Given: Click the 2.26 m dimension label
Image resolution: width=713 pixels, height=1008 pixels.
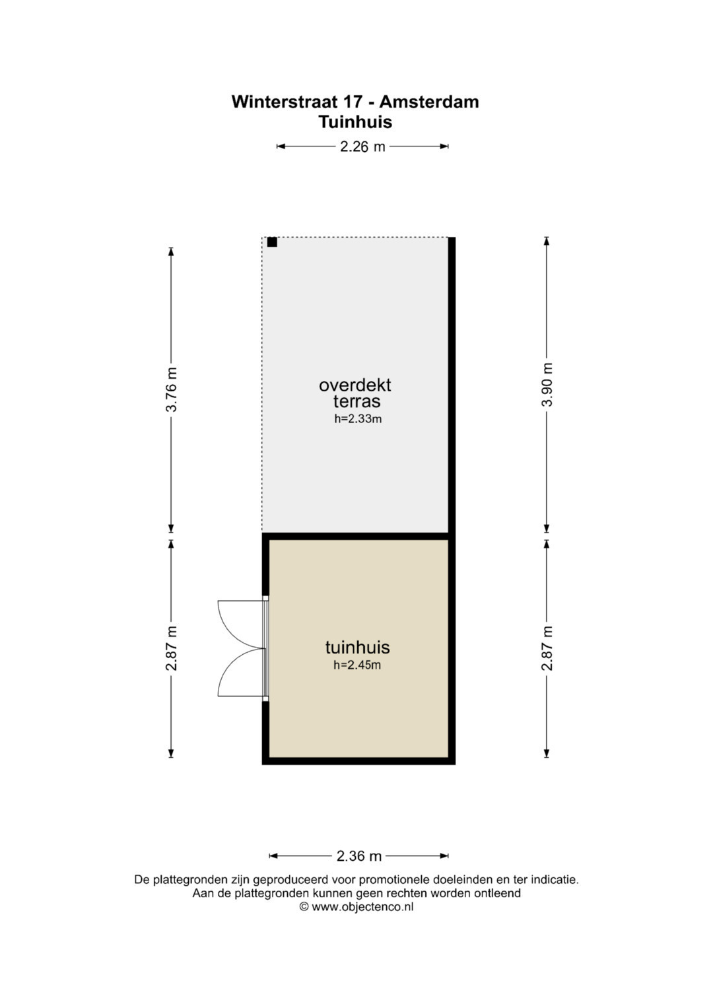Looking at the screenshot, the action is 362,147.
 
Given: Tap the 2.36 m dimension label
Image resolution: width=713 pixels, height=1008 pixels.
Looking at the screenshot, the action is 359,856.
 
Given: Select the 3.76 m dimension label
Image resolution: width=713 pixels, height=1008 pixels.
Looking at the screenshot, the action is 171,389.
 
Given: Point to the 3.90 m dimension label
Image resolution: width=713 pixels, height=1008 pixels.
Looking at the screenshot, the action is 547,384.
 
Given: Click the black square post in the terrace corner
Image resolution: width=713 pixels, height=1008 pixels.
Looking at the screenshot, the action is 272,242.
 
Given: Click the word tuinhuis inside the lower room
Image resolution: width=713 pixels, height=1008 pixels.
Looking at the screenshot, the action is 357,648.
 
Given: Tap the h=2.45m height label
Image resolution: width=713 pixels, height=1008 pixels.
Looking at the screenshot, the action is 357,665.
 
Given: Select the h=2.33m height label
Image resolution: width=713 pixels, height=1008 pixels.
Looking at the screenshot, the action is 358,419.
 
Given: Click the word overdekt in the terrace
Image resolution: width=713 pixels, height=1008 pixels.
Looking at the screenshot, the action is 355,386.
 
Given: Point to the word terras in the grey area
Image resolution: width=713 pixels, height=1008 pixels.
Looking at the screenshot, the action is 357,401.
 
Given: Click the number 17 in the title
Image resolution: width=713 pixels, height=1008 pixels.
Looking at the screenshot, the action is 353,102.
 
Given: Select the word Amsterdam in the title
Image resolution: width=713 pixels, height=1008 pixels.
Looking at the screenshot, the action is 429,102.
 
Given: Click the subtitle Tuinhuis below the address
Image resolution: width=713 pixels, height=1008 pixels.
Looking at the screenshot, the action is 356,122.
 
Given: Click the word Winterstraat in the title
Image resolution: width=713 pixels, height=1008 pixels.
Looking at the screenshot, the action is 285,102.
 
